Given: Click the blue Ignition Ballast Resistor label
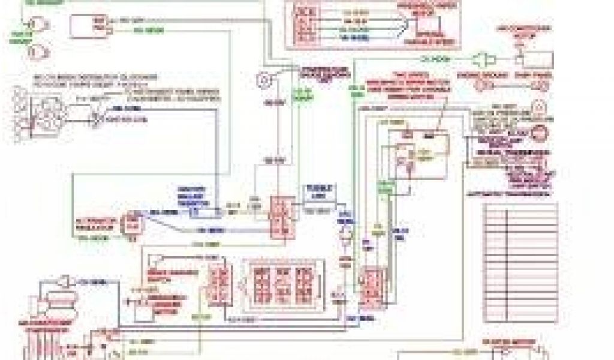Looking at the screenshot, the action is (191, 196).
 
